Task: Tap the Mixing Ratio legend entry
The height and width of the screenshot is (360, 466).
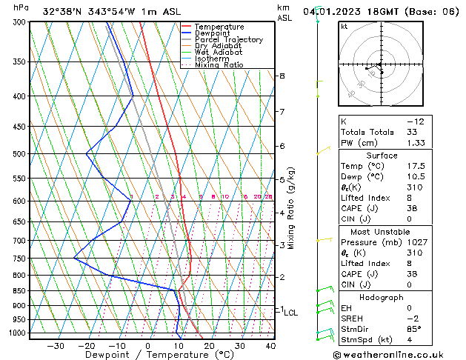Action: pos(219,64)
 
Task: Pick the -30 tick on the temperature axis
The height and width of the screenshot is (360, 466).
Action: pos(56,346)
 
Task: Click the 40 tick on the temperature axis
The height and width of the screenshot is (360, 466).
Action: pos(270,346)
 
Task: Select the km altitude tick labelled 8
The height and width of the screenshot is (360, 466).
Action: pos(282,76)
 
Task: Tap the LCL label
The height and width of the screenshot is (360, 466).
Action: pos(291,313)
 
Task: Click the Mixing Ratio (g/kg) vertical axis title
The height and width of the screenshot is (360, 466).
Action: pos(292,208)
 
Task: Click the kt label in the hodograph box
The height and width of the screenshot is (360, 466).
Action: pos(344,27)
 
